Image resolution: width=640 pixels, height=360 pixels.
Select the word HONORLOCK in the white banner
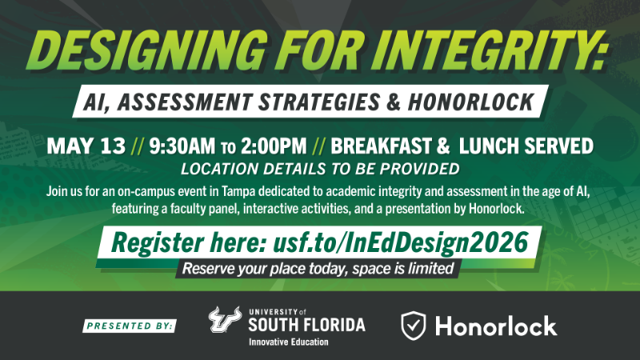(x=469, y=102)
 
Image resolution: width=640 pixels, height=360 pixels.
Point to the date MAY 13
(x=86, y=146)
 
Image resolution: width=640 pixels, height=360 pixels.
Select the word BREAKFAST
(x=387, y=146)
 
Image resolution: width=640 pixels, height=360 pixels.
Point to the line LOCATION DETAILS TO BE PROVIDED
(x=320, y=169)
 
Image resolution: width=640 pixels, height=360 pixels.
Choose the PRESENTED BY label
(x=131, y=326)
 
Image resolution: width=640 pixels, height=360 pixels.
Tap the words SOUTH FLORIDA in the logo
(x=306, y=324)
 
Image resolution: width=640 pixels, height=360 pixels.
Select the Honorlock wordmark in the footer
(x=496, y=326)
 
